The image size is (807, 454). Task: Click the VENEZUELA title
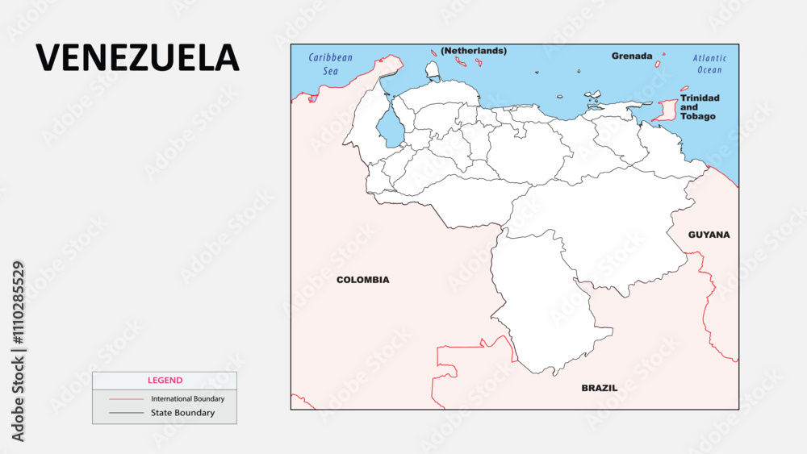click(137, 58)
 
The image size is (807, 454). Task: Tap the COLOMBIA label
click(362, 280)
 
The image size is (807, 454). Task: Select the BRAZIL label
click(600, 388)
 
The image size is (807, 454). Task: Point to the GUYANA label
click(709, 235)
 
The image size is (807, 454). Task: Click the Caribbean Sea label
click(331, 64)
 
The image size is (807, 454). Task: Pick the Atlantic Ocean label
click(709, 64)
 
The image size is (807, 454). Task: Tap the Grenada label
click(631, 56)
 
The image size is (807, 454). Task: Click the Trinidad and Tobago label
click(699, 107)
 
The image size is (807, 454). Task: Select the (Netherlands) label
click(474, 50)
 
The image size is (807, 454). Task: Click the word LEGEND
click(165, 380)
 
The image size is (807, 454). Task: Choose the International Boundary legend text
click(188, 398)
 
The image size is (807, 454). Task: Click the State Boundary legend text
click(183, 413)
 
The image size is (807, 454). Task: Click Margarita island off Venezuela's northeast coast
click(593, 96)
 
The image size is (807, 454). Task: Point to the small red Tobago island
click(684, 89)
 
